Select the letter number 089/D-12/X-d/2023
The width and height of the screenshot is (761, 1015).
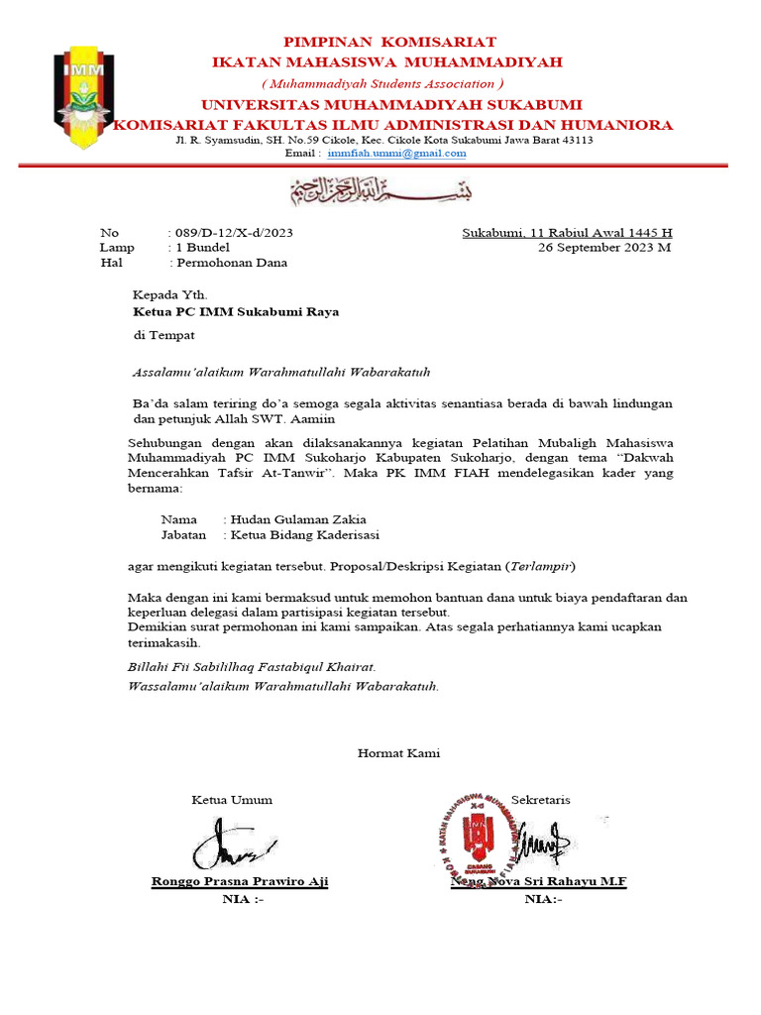click(x=234, y=233)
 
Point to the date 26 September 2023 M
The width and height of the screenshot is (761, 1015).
click(x=603, y=248)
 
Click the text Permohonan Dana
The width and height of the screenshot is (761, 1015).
click(x=231, y=263)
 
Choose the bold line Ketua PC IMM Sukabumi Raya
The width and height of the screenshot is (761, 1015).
click(x=236, y=311)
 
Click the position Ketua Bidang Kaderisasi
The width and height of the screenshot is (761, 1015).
click(x=304, y=535)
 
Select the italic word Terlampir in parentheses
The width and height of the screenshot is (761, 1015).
click(x=539, y=567)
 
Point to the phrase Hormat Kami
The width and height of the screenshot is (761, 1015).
click(x=398, y=753)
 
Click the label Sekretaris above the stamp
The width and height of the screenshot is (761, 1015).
click(x=541, y=800)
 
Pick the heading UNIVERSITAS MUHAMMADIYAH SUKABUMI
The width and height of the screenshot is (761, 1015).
click(x=392, y=105)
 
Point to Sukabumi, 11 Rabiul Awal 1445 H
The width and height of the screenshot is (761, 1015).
click(x=568, y=233)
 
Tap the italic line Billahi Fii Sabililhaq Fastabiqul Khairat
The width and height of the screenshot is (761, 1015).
click(x=253, y=667)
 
